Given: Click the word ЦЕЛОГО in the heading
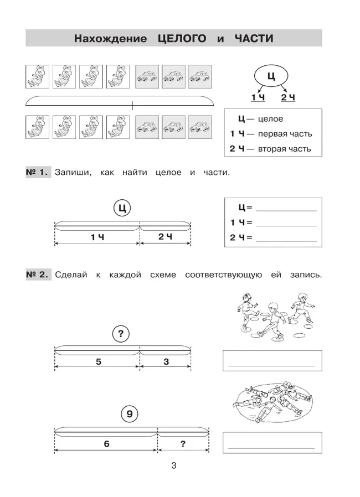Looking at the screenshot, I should (x=181, y=39).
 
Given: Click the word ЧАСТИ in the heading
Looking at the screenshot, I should (x=254, y=39).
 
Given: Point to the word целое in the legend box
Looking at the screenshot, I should (x=271, y=119).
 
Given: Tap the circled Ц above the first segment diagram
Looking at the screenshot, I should (x=123, y=209).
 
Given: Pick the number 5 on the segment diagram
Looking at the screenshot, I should (x=98, y=362).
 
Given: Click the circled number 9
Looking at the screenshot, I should (x=128, y=413).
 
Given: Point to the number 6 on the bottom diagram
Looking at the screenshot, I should (x=106, y=443).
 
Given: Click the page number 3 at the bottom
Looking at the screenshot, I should (x=173, y=466).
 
